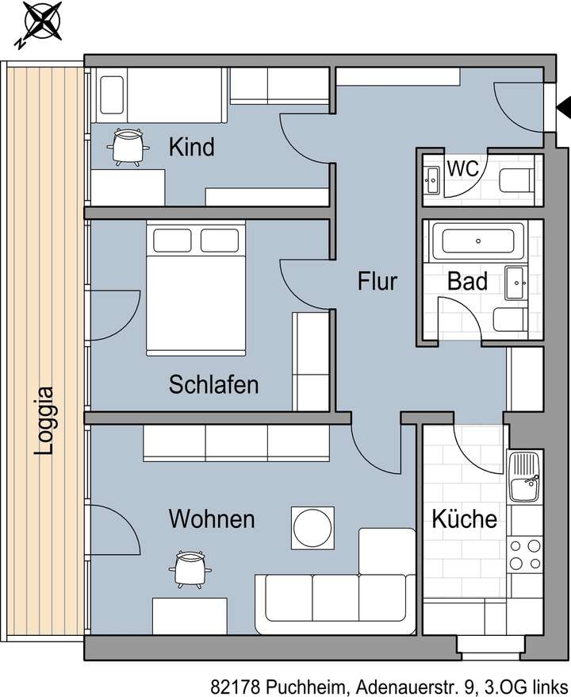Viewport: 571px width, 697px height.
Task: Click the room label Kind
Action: point(192,147)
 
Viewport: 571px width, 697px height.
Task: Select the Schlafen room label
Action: point(213,385)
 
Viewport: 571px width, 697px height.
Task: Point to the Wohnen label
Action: point(212,519)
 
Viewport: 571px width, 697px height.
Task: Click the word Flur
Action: point(377,281)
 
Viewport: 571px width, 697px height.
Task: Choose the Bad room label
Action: point(467,281)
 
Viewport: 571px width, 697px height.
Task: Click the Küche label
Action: point(464,519)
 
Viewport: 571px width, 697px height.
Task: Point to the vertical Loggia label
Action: point(45,420)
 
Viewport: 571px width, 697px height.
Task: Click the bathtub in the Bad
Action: point(477,240)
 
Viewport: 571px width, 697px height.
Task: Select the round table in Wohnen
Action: point(312,527)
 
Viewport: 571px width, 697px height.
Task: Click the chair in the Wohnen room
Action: point(189,567)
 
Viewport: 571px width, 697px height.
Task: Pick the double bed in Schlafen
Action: point(196,289)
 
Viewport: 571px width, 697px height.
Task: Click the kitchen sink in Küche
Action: point(525,477)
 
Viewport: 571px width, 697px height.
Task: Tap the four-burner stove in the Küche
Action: point(524,554)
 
